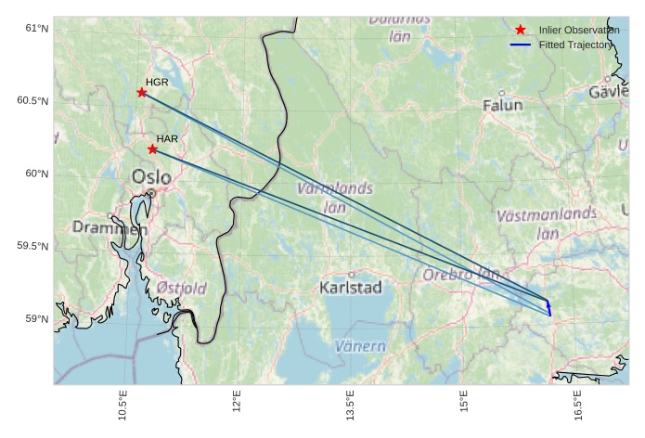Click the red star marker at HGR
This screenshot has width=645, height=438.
(x=142, y=92)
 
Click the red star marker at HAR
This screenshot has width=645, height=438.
(x=152, y=149)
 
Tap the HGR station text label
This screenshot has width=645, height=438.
(x=157, y=83)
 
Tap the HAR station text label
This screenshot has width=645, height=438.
(x=167, y=139)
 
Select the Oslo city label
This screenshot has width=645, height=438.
(x=151, y=176)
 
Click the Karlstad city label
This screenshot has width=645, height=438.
(x=351, y=288)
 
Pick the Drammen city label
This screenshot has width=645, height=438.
(x=110, y=227)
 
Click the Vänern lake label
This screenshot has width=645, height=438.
(x=360, y=346)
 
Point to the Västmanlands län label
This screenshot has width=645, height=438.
(x=547, y=224)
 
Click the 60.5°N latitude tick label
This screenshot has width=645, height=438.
(x=33, y=101)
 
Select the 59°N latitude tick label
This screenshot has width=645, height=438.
(x=37, y=319)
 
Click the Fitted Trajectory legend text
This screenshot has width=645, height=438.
(x=575, y=45)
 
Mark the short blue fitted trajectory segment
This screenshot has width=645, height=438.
(x=548, y=307)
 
